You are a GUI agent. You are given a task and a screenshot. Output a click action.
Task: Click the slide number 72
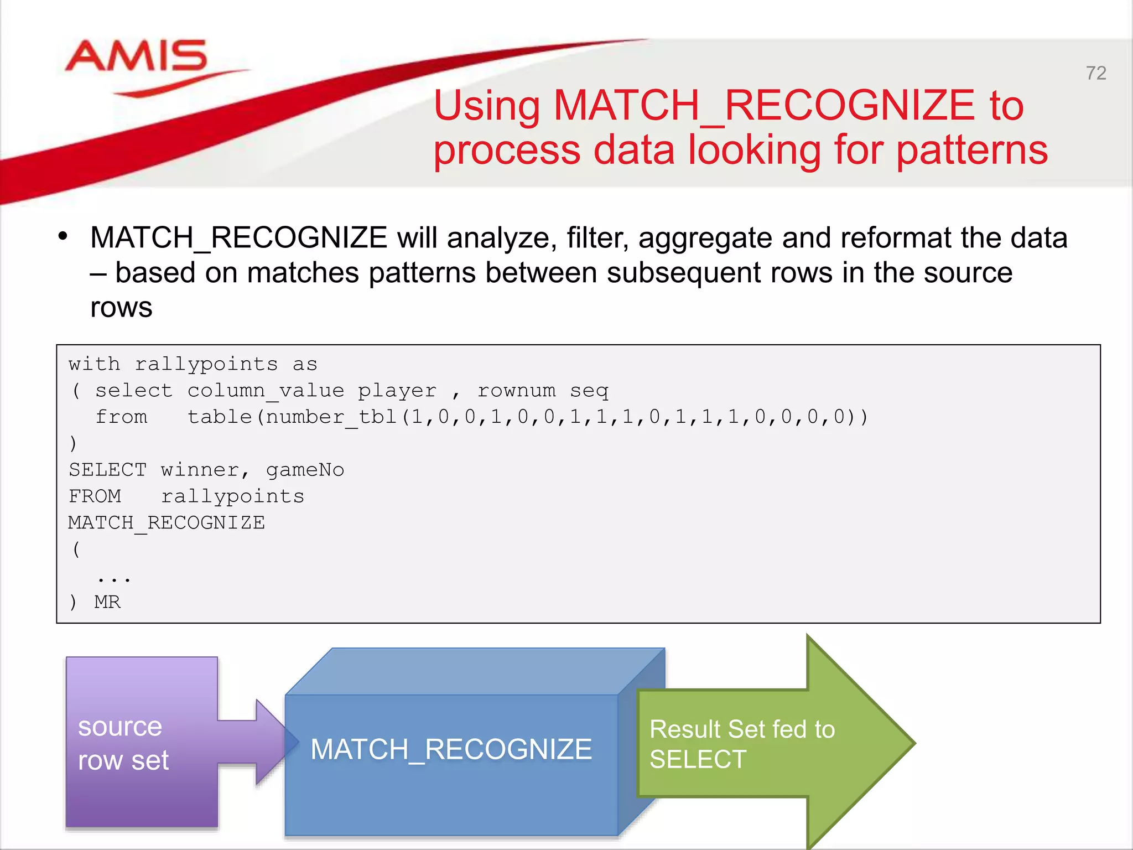click(x=1095, y=74)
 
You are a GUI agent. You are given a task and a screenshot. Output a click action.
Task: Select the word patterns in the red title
click(x=972, y=150)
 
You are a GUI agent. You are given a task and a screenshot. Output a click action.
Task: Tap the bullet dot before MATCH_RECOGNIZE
click(x=63, y=236)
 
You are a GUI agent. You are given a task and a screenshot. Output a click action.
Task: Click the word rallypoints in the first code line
click(x=206, y=364)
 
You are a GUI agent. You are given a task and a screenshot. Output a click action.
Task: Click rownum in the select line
click(x=516, y=391)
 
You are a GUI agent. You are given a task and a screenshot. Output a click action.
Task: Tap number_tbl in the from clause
click(x=331, y=417)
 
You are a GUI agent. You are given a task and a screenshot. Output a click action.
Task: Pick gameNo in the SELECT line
click(x=305, y=470)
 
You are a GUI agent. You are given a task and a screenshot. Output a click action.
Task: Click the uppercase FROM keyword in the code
click(x=95, y=496)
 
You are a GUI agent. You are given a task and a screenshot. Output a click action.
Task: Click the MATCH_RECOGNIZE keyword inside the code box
click(x=167, y=523)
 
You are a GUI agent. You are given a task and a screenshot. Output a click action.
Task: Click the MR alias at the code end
click(x=107, y=602)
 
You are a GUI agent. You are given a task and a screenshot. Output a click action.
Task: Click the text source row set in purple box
click(x=122, y=743)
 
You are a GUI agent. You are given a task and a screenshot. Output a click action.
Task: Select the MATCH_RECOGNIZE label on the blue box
click(x=451, y=750)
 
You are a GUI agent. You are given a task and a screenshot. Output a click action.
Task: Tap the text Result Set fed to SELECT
click(x=741, y=744)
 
